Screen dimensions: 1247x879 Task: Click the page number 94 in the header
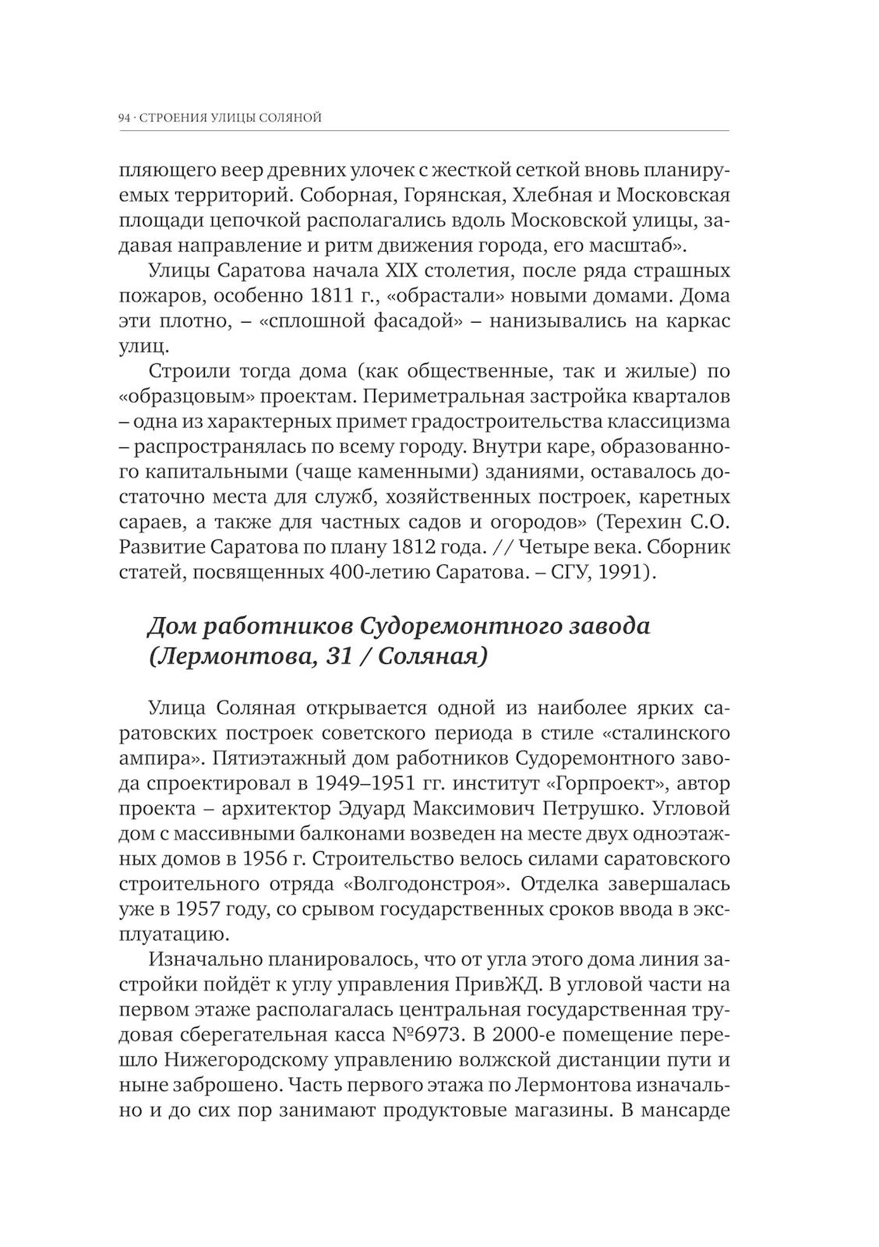pos(123,118)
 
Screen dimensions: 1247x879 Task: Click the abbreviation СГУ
pos(571,573)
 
